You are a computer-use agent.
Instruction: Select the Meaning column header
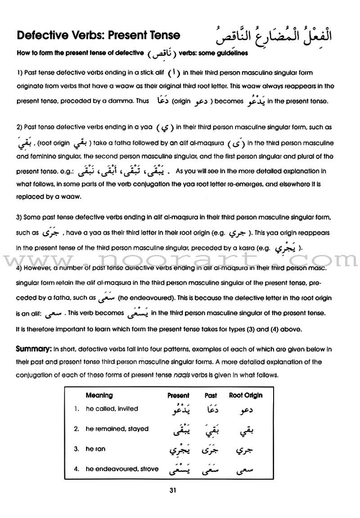tap(99, 395)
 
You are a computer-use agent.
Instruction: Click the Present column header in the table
tap(178, 395)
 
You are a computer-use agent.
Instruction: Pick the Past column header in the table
tap(211, 395)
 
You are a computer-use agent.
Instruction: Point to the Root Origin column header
tap(246, 395)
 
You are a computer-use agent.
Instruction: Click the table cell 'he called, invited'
tap(112, 409)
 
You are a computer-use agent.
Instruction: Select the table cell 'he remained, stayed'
tap(117, 429)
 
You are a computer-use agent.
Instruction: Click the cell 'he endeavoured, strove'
tap(122, 469)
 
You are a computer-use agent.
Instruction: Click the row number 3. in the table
tap(77, 449)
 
